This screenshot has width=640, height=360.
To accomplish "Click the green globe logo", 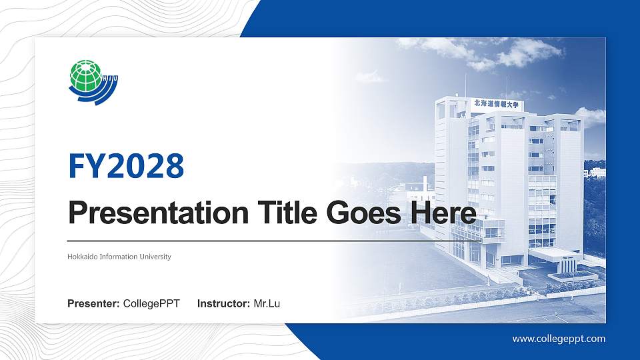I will pyautogui.click(x=85, y=75).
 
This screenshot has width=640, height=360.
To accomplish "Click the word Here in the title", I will pyautogui.click(x=443, y=213).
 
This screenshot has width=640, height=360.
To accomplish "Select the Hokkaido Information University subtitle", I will pyautogui.click(x=119, y=257).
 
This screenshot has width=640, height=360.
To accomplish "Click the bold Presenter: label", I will pyautogui.click(x=93, y=304).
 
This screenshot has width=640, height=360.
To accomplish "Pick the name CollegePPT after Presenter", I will pyautogui.click(x=151, y=304).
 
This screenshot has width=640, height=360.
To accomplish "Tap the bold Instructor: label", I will pyautogui.click(x=224, y=304).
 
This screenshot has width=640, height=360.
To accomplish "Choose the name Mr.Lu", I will pyautogui.click(x=267, y=304).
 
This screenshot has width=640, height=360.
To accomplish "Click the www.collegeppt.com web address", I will pyautogui.click(x=559, y=339).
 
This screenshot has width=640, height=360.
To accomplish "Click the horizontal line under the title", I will pyautogui.click(x=253, y=241).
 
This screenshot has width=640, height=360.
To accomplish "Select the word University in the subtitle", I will pyautogui.click(x=156, y=257).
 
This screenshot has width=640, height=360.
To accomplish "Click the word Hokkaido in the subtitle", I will pyautogui.click(x=83, y=257).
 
